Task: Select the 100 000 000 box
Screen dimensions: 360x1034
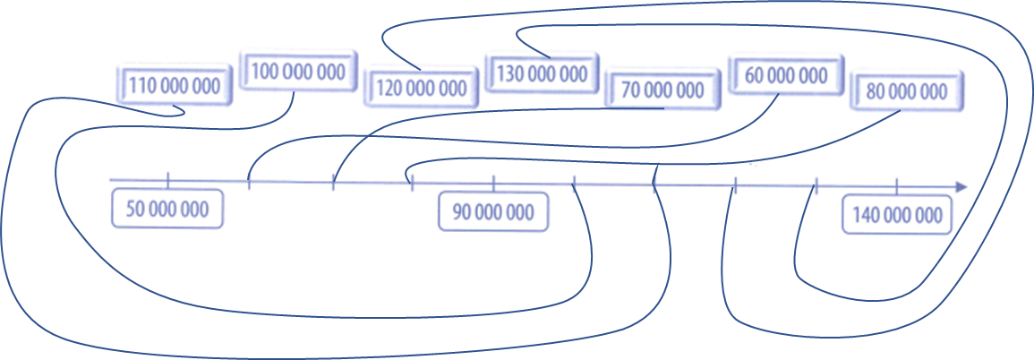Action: click(298, 72)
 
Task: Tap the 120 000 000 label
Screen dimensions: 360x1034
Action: click(421, 88)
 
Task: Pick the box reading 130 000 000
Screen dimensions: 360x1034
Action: click(542, 73)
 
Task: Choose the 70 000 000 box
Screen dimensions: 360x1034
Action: click(662, 90)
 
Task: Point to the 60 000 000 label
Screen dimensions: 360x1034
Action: click(786, 75)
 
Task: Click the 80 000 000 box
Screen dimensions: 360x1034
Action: click(906, 90)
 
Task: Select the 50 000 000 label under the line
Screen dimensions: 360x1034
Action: click(167, 210)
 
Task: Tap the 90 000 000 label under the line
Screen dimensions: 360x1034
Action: click(493, 212)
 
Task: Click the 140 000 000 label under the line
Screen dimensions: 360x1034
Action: click(897, 215)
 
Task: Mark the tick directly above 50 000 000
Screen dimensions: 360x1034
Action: click(168, 181)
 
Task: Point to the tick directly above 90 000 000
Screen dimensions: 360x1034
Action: click(493, 184)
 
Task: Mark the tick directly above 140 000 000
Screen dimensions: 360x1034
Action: click(897, 186)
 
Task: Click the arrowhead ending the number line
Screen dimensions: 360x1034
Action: click(961, 187)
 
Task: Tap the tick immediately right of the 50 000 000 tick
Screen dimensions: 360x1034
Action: click(249, 183)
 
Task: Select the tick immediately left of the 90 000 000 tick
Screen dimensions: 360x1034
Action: click(412, 184)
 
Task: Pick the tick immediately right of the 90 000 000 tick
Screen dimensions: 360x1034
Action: click(574, 184)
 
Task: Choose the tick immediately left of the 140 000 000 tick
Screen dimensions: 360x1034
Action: click(816, 186)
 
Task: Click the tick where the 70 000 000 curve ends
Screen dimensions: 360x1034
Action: click(333, 183)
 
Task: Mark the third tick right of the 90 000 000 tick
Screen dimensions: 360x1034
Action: click(735, 185)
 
